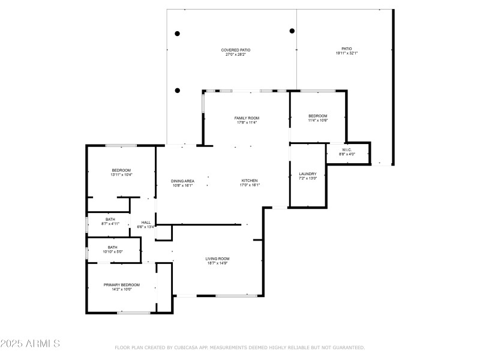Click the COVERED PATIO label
236,50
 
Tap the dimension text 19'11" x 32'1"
347,53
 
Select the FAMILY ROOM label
247,118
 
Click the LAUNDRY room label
307,173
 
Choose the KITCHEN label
250,181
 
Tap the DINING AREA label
182,181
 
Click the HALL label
146,222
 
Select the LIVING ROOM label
217,258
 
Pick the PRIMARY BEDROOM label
122,284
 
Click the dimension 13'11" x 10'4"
121,175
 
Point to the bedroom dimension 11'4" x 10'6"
318,121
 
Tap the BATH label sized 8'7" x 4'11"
110,219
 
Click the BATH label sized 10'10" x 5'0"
113,247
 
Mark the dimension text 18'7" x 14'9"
217,263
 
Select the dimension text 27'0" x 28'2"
236,55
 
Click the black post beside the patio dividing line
292,31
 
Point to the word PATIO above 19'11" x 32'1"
347,49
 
